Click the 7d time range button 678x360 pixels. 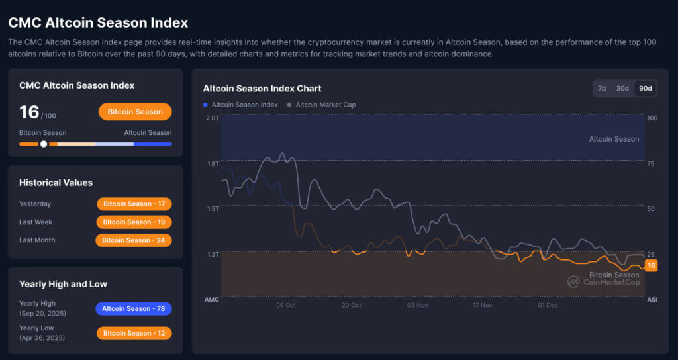(x=602, y=88)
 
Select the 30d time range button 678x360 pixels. (x=622, y=88)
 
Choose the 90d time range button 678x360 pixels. (x=644, y=88)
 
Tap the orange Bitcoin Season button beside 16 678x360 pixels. (x=135, y=112)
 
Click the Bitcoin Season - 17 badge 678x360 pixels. (x=134, y=204)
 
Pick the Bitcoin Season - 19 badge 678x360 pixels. (x=134, y=222)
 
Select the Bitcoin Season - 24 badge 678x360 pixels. (x=134, y=240)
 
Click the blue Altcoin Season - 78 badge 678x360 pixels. (x=134, y=308)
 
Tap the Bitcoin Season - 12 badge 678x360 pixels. (x=134, y=333)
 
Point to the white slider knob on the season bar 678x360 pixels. (x=44, y=144)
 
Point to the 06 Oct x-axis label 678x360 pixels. (x=286, y=305)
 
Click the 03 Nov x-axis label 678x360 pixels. (x=417, y=305)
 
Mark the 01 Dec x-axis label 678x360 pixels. (x=548, y=305)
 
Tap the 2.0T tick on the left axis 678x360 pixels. (x=212, y=118)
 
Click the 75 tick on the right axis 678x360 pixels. (x=652, y=163)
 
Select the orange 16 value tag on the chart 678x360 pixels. (x=652, y=265)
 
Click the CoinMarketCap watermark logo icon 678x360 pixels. (x=573, y=281)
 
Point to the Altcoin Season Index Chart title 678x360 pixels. (x=262, y=88)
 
